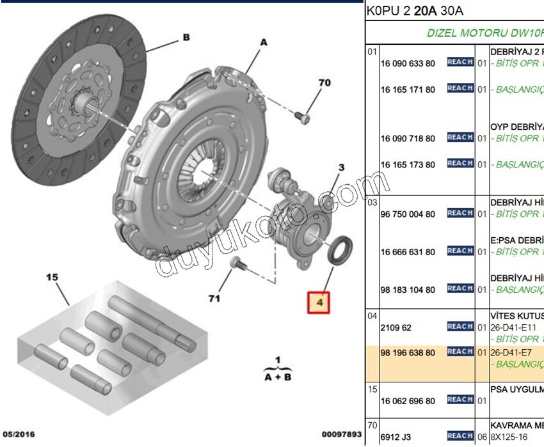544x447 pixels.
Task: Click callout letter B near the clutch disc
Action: click(186, 38)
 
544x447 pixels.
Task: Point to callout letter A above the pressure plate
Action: click(262, 42)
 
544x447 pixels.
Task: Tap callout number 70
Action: click(324, 82)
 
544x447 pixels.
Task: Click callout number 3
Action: click(341, 168)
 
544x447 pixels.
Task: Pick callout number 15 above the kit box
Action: click(52, 278)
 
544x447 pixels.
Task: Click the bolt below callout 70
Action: click(303, 117)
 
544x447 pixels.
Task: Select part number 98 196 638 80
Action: click(408, 353)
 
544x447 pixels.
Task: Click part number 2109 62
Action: click(396, 327)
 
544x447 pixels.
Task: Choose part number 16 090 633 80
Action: click(408, 63)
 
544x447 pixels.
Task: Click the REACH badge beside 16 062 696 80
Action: click(460, 400)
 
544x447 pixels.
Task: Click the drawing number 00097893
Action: click(342, 435)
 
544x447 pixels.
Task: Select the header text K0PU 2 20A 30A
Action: click(415, 11)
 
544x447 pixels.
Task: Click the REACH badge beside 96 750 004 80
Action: click(460, 213)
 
